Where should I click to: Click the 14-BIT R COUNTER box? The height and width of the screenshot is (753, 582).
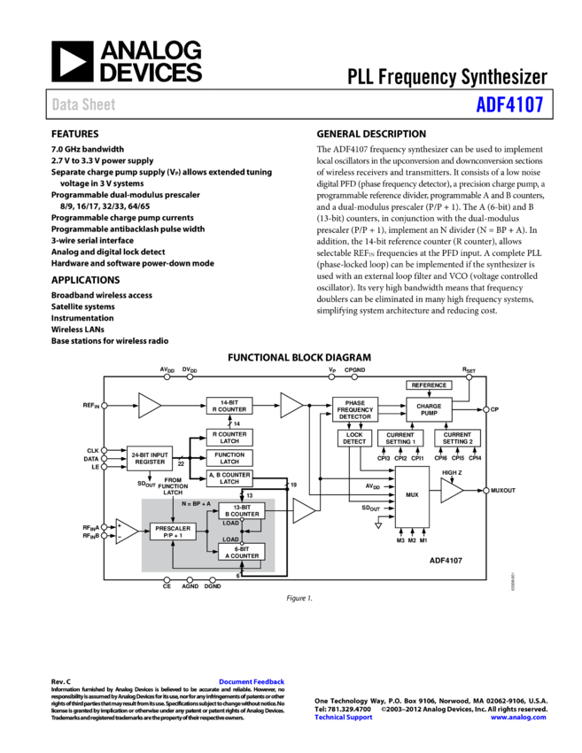tap(229, 406)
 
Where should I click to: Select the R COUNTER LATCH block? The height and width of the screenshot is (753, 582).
tap(229, 438)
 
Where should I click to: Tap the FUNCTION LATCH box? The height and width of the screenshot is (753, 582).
tap(229, 458)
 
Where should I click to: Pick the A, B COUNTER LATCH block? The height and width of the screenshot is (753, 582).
tap(229, 478)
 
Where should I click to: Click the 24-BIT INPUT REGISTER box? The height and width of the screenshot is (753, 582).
tap(150, 458)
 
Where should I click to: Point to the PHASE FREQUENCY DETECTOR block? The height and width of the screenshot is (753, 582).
tap(355, 409)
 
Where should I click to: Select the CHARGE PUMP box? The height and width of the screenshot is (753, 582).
tap(429, 409)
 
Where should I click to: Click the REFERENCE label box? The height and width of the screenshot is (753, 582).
tap(429, 385)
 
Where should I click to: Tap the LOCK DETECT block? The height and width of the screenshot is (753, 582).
tap(354, 439)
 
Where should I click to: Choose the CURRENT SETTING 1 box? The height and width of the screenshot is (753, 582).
tap(400, 439)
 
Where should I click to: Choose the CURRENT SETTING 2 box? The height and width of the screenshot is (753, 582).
tap(457, 439)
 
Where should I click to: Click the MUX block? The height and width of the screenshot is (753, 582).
tap(412, 495)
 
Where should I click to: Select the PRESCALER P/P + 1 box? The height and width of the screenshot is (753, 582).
tap(173, 532)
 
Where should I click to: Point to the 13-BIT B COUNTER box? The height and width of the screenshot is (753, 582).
tap(242, 510)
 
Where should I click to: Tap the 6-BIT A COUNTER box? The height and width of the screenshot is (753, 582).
tap(242, 552)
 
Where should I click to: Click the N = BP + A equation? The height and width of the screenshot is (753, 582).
tap(196, 503)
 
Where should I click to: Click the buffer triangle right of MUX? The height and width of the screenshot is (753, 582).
tap(451, 491)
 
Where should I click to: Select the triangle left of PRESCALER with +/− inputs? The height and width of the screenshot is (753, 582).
tap(127, 532)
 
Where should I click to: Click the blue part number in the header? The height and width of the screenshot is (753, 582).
tap(509, 105)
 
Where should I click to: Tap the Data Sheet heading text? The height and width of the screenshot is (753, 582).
tap(83, 105)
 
